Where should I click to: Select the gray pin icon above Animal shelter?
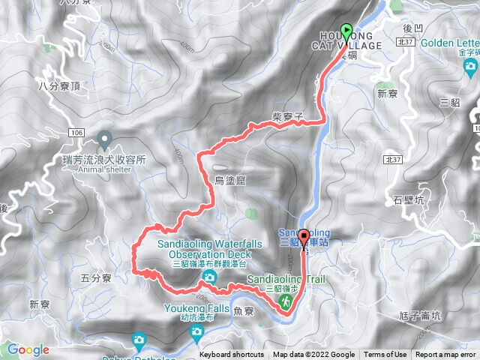pyautogui.click(x=104, y=139)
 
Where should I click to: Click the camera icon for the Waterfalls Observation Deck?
pyautogui.click(x=207, y=278)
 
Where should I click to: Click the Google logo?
pyautogui.click(x=28, y=349)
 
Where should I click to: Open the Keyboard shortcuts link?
pyautogui.click(x=231, y=355)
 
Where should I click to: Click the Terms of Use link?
pyautogui.click(x=385, y=355)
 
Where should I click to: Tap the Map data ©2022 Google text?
pyautogui.click(x=313, y=355)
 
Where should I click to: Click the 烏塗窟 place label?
pyautogui.click(x=229, y=180)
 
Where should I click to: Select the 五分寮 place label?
pyautogui.click(x=95, y=278)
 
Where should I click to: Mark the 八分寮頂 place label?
pyautogui.click(x=57, y=87)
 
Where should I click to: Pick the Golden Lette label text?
pyautogui.click(x=449, y=43)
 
